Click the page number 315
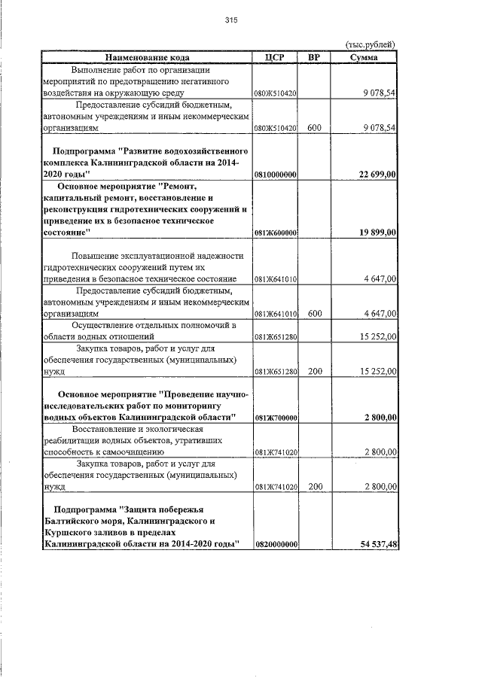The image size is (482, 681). tap(231, 21)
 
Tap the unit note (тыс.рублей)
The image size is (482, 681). tap(369, 46)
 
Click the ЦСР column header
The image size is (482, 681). tap(275, 57)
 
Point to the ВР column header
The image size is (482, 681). tap(314, 57)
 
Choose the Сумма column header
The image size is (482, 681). tap(365, 57)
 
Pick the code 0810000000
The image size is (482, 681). tap(276, 175)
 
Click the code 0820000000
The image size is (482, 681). tap(276, 544)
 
